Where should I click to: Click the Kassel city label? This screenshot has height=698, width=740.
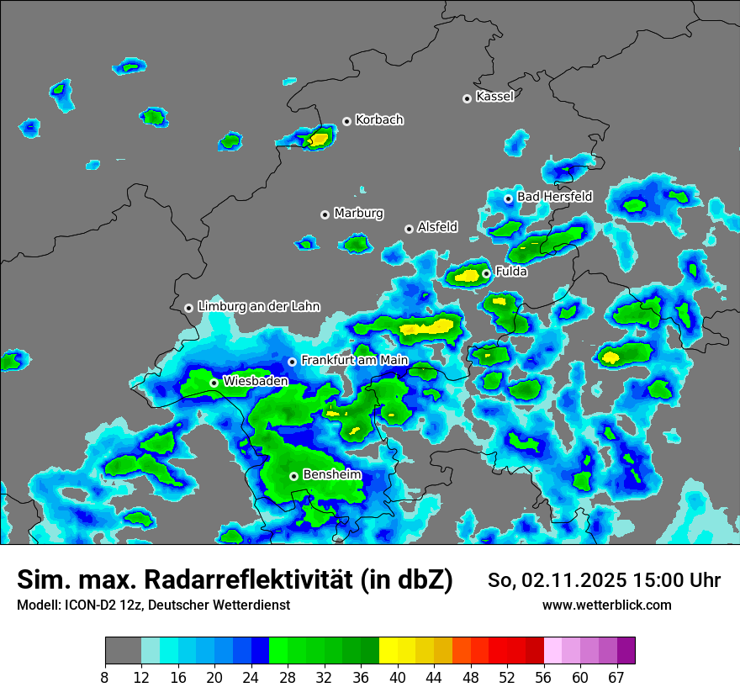pos(494,97)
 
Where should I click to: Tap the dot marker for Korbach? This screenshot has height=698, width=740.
pos(346,121)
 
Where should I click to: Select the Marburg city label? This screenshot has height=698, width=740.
pos(358,214)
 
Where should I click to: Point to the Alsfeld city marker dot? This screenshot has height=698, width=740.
pos(410,229)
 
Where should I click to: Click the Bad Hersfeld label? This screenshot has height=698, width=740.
pos(554,197)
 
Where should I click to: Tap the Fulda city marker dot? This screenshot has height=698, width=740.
pos(486,273)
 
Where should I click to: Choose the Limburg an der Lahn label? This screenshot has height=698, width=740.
pos(258,307)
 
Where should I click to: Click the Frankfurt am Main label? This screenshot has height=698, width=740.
pos(354,361)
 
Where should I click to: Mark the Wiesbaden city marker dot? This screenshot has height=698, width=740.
pos(214,383)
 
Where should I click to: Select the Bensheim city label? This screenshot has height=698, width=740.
pos(331,475)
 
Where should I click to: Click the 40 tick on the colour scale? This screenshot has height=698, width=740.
pos(397,677)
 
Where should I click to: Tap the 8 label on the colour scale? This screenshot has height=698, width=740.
pos(105,677)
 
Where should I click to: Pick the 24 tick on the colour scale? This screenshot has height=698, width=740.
pos(251,677)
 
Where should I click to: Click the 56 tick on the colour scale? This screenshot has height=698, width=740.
pos(544,677)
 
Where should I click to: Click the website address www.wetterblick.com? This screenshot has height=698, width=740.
pos(606,605)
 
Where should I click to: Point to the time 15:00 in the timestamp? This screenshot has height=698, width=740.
pos(646,581)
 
